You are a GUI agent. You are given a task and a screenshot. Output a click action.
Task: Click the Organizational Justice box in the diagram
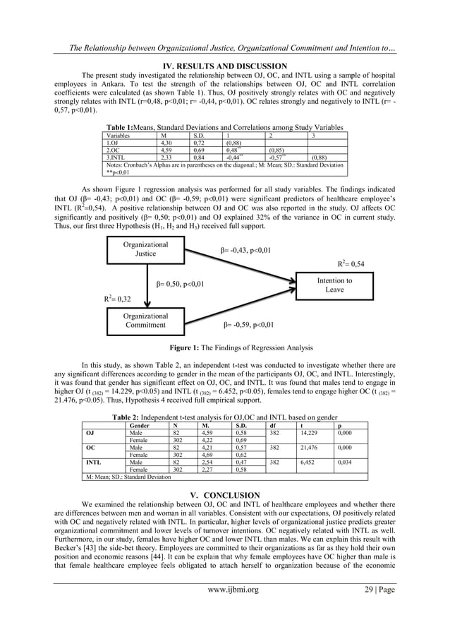click(145, 249)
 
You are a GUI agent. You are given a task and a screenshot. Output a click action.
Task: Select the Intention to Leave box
click(334, 285)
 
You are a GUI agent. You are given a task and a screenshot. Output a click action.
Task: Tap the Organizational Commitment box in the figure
click(145, 321)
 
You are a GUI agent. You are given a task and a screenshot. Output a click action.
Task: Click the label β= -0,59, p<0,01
click(248, 326)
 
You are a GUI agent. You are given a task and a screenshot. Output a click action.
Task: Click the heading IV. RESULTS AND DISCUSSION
click(224, 66)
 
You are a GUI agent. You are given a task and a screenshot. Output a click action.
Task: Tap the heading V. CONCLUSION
click(224, 495)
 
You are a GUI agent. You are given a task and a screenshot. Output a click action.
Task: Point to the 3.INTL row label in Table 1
click(115, 157)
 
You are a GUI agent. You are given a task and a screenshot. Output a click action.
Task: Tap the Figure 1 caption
click(225, 347)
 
